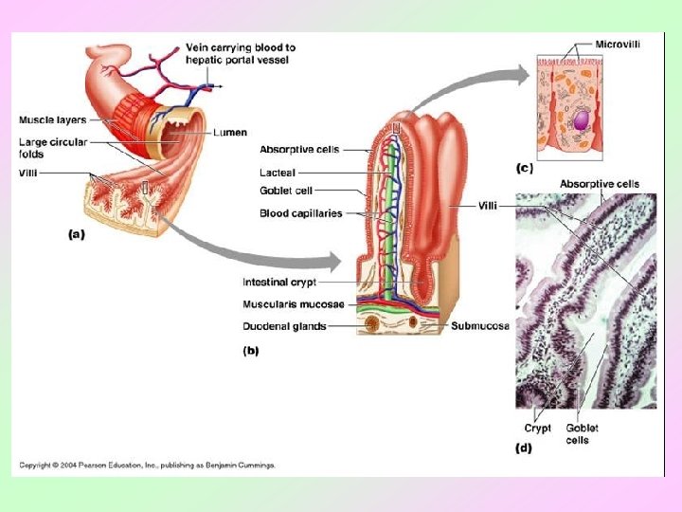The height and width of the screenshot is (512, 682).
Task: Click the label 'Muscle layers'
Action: [x=52, y=120]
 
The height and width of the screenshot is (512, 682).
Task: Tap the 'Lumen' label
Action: [x=231, y=132]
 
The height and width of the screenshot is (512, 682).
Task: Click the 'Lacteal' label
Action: [x=278, y=173]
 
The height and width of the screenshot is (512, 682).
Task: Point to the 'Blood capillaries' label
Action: [x=300, y=214]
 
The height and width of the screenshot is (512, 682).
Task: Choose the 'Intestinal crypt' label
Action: [x=279, y=283]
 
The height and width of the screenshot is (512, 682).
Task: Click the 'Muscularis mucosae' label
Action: [x=294, y=304]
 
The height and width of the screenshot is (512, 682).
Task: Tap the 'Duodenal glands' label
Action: [x=284, y=326]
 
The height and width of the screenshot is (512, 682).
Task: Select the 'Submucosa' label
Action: [x=479, y=326]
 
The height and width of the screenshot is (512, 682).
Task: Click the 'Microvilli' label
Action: [x=618, y=44]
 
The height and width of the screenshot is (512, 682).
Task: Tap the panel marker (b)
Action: [x=251, y=351]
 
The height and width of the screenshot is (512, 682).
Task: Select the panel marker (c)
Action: [x=523, y=169]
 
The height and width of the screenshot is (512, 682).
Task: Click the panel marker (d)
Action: [x=524, y=448]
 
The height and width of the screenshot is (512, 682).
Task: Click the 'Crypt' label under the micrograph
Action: [x=537, y=429]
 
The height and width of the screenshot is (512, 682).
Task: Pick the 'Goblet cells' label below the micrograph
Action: [x=582, y=434]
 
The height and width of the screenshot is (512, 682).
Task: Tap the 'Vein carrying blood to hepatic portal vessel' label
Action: [x=241, y=53]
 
